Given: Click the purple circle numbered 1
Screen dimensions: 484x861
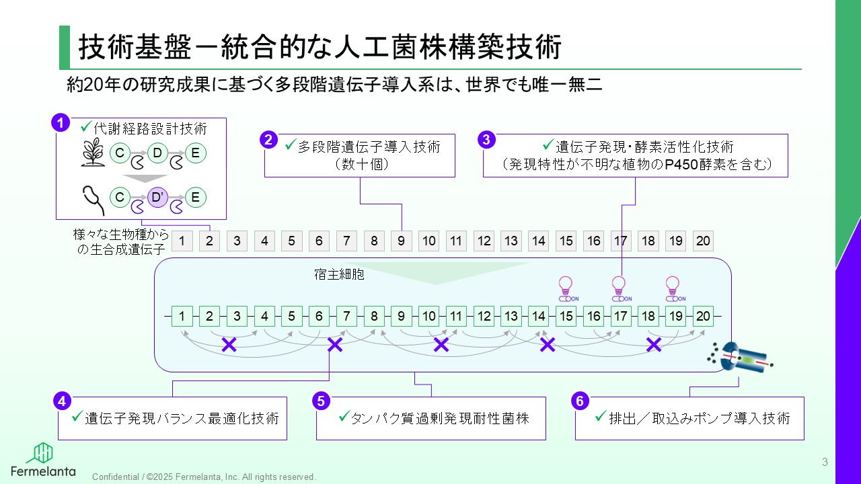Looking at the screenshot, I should [61, 123].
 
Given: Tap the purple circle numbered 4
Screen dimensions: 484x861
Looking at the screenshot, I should [62, 401].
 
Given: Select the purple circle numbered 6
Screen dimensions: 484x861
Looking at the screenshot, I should [580, 401].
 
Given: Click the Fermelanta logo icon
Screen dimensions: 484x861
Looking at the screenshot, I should [43, 453].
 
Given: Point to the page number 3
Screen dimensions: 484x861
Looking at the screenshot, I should [825, 462].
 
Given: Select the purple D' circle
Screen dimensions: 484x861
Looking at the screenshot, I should [157, 198].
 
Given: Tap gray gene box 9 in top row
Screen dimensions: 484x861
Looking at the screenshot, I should [402, 241].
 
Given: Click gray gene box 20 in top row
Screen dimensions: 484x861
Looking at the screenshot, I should [703, 241].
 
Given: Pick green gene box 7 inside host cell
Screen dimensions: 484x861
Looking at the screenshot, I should [346, 316].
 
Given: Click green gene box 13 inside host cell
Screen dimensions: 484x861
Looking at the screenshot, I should [511, 316].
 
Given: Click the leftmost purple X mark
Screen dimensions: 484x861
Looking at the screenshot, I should [229, 345].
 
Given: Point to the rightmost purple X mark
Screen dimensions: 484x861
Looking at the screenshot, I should [653, 345].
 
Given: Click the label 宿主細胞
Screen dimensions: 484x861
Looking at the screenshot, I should [339, 274].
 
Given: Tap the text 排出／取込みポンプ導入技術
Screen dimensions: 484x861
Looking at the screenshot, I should [699, 418].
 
